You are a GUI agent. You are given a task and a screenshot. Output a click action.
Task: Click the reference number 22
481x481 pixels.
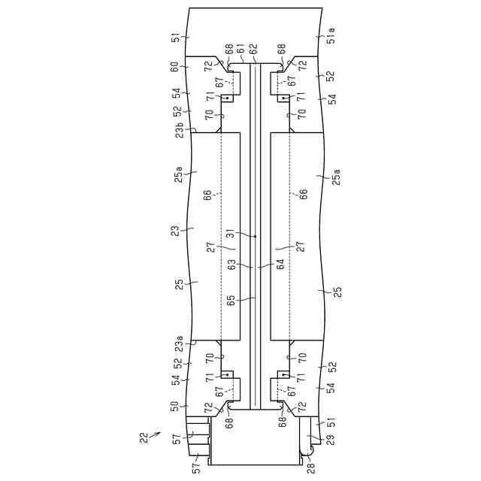(x=144, y=437)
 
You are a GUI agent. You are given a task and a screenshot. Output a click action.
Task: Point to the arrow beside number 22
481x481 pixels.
(x=156, y=435)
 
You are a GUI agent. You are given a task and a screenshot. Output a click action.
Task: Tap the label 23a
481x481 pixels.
(x=179, y=344)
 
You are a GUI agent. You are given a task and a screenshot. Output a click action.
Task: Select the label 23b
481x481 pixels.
(x=179, y=130)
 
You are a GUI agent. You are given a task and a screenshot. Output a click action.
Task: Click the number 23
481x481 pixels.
(x=175, y=231)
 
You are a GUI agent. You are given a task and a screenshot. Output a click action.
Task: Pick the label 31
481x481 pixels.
(x=231, y=234)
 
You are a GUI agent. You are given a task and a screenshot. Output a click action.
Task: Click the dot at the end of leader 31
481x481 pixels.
(x=256, y=236)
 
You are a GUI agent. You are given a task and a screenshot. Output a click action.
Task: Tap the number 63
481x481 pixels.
(x=231, y=265)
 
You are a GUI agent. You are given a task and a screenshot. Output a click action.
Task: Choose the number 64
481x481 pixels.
(x=280, y=265)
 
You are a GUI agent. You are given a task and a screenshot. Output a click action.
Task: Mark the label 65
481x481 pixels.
(x=231, y=300)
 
